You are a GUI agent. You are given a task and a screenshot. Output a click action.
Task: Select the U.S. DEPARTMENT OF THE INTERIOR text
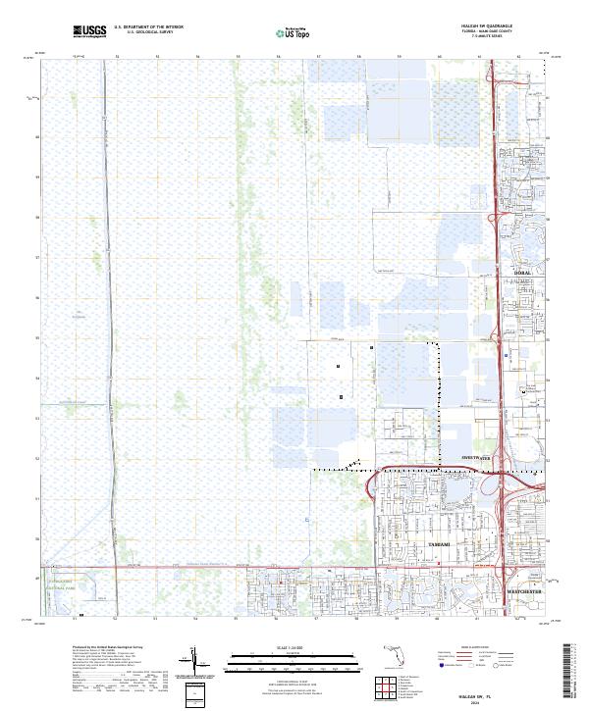[148, 28]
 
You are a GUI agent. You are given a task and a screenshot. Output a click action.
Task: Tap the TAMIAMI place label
[439, 542]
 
